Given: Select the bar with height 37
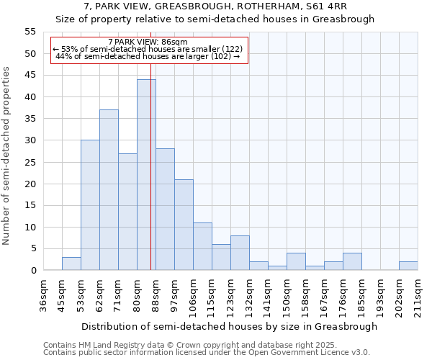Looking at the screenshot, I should (x=109, y=190).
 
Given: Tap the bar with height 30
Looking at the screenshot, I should (x=90, y=205).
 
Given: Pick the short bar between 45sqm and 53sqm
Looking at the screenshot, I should (x=71, y=264).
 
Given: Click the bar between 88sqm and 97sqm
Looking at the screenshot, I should (x=165, y=210).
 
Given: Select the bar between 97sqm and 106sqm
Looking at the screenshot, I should (x=184, y=225).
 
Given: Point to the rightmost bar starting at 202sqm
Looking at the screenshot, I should (x=408, y=266).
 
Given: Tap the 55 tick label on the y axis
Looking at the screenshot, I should (x=30, y=32).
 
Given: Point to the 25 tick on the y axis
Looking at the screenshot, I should (x=30, y=162).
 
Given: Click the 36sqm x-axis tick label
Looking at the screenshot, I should (x=43, y=295).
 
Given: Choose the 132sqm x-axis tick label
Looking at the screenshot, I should (x=249, y=295).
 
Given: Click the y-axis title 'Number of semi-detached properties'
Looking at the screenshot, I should (x=7, y=156).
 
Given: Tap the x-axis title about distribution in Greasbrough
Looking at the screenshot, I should (x=229, y=326).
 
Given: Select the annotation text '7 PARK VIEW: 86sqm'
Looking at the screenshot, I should (x=148, y=42).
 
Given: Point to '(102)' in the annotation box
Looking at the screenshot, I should (x=222, y=56).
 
